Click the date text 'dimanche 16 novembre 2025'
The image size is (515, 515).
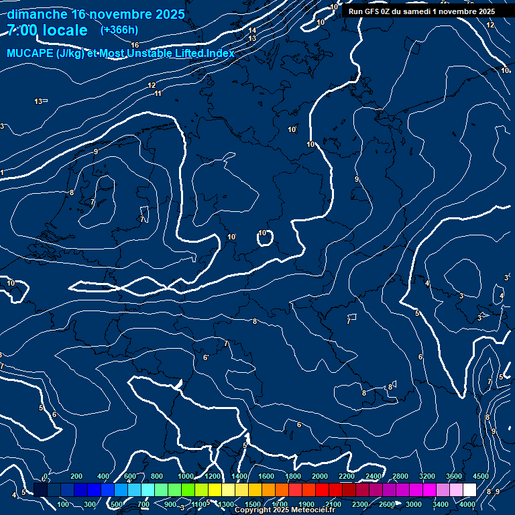96,14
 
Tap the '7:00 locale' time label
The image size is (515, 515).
47,30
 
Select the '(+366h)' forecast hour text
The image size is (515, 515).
120,30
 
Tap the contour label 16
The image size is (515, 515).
135,45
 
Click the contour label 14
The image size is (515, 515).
252,30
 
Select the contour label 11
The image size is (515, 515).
158,93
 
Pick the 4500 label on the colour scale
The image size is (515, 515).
480,476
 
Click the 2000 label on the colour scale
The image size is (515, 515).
320,476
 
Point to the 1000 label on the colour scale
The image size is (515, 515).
186,476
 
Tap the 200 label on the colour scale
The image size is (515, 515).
76,476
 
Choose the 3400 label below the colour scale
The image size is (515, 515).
441,504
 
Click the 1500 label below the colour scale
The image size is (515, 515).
253,504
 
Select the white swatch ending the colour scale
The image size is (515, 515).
469,490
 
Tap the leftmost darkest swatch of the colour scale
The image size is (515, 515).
40,490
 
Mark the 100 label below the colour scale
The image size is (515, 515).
64,504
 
